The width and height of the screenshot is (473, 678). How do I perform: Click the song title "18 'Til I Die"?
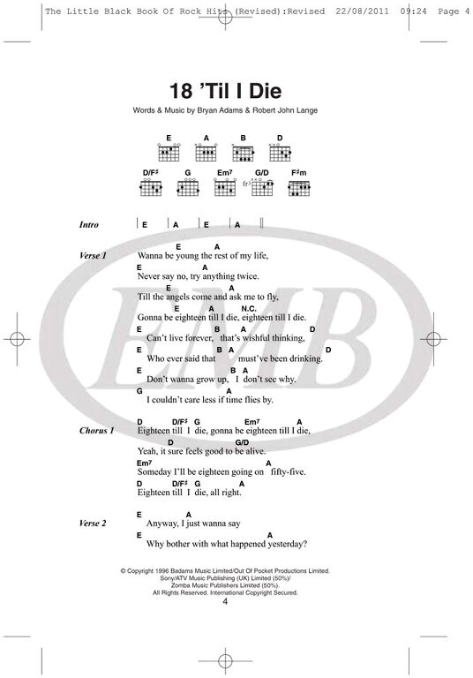[225, 91]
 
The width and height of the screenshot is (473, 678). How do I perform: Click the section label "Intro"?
[89, 225]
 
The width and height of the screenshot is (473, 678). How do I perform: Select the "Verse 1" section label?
[93, 255]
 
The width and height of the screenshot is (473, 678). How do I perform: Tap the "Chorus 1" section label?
[96, 431]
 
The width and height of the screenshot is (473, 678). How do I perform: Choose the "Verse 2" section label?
[93, 524]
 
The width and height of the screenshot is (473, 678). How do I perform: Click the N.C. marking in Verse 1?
[249, 309]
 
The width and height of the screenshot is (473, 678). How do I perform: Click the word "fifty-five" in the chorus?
[288, 471]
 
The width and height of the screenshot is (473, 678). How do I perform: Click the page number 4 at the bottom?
[225, 601]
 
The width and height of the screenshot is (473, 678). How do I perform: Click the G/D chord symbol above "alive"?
[242, 442]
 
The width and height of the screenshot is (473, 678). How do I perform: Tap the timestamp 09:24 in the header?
[413, 11]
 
